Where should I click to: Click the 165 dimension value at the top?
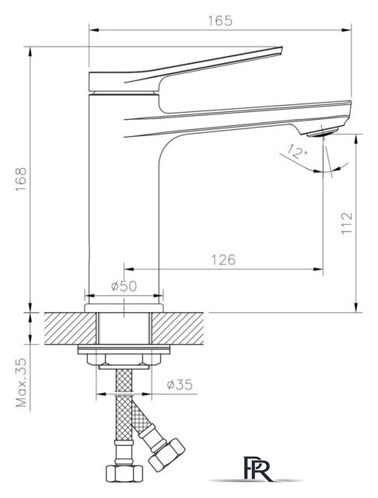pyautogui.click(x=220, y=21)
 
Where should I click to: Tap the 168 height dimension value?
pyautogui.click(x=22, y=179)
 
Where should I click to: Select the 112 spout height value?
pyautogui.click(x=347, y=223)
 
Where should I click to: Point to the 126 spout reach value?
pyautogui.click(x=223, y=260)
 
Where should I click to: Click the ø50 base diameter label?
pyautogui.click(x=124, y=286)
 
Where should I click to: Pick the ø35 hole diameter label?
pyautogui.click(x=180, y=384)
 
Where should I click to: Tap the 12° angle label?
pyautogui.click(x=298, y=152)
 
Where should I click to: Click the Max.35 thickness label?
pyautogui.click(x=22, y=383)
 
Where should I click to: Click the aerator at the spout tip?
pyautogui.click(x=323, y=132)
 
